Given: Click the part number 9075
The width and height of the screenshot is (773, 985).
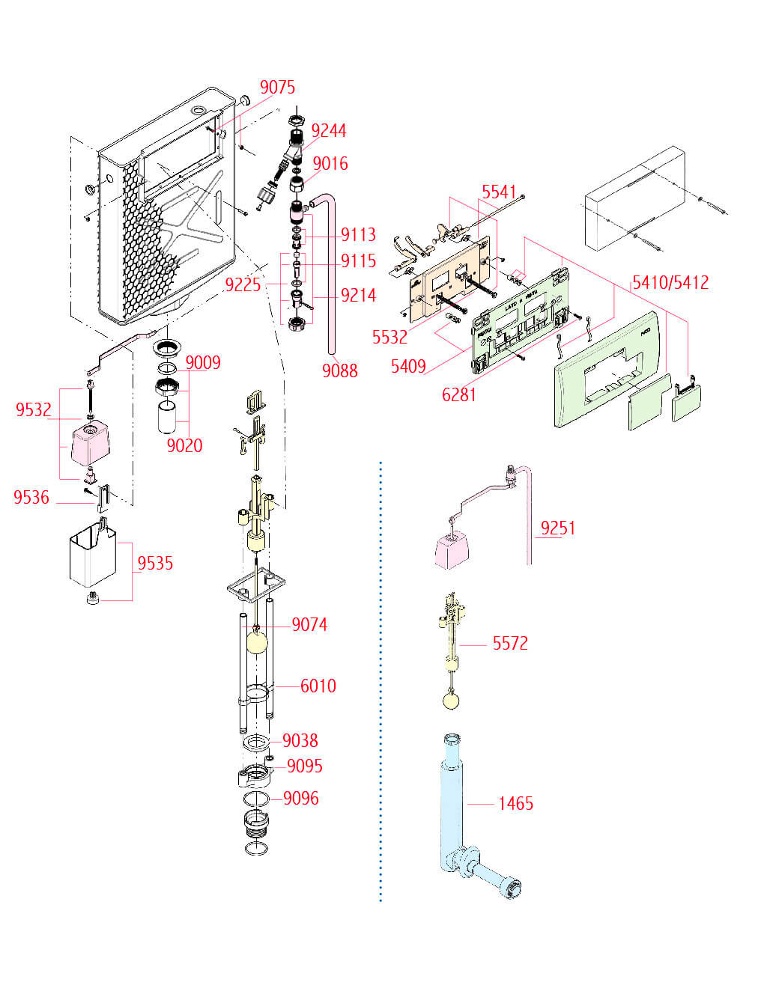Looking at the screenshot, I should [277, 88].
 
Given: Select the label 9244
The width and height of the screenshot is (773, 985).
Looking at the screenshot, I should [329, 131].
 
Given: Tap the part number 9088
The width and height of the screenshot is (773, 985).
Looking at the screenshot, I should [340, 370].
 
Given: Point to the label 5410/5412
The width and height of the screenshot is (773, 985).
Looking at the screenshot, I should [670, 283].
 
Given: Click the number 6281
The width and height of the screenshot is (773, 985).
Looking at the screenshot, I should [459, 394].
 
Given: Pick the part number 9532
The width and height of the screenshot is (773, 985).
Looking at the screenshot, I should [34, 410].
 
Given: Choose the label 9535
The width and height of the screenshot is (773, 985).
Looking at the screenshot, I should [155, 564].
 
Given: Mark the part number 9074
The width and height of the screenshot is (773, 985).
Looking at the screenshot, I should [309, 625].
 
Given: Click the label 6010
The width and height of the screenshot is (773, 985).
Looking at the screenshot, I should [318, 686].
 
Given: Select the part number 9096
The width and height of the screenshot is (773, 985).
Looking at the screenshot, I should [300, 799].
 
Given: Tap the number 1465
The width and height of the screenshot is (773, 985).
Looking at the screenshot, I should [516, 804].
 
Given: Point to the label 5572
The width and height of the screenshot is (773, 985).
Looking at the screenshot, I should [510, 644].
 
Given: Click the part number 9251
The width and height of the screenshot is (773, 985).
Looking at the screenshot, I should [558, 528].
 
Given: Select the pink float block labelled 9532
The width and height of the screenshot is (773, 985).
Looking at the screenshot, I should [89, 443].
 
